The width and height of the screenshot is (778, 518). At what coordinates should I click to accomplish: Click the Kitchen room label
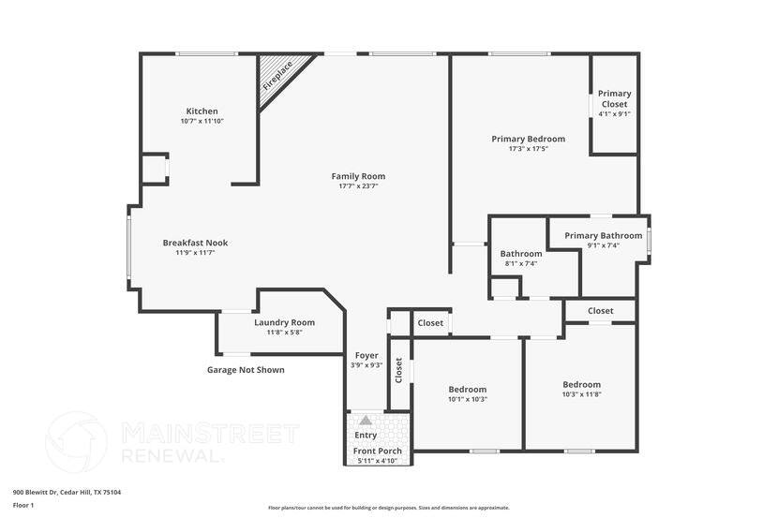tap(202, 111)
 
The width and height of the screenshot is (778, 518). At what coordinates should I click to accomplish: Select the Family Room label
tap(358, 176)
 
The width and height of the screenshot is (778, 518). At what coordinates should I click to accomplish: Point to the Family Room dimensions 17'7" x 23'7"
tap(358, 186)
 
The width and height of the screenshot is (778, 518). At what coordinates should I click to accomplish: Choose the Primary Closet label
tap(614, 98)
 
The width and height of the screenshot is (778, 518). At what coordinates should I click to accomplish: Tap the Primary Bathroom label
tap(603, 235)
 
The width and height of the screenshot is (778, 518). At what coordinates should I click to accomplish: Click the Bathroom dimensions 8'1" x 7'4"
tap(520, 263)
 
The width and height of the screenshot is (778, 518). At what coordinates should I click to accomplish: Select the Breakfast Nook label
tap(195, 243)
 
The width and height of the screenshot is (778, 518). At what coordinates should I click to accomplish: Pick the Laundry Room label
tap(284, 322)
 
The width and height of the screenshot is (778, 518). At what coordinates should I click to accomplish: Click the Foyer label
tap(367, 355)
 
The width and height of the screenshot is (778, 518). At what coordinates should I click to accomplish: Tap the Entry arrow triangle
tap(365, 422)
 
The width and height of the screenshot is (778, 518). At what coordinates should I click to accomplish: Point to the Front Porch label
tap(378, 451)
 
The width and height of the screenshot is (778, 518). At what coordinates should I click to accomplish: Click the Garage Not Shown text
tap(246, 370)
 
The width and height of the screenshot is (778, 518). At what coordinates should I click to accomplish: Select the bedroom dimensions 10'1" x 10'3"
tap(467, 399)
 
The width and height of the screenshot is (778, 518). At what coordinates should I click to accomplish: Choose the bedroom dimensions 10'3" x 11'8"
tap(581, 394)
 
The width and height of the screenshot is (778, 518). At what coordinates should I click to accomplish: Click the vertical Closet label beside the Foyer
tap(398, 370)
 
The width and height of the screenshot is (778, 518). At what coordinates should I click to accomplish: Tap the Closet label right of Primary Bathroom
tap(600, 310)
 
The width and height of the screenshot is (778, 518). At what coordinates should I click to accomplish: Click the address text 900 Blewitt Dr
tap(67, 492)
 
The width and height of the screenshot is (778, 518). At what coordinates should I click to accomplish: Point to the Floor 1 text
tap(23, 505)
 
